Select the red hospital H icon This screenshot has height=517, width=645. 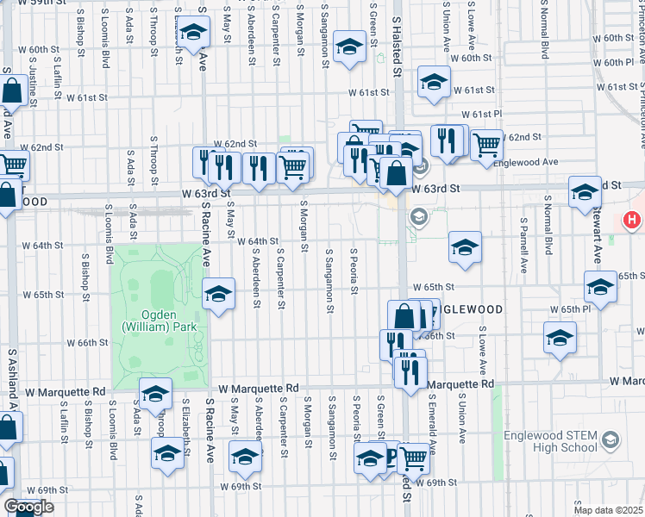point(632,221)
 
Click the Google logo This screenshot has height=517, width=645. point(28,507)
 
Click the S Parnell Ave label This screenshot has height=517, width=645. point(523,246)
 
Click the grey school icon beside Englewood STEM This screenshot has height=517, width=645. point(611,440)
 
